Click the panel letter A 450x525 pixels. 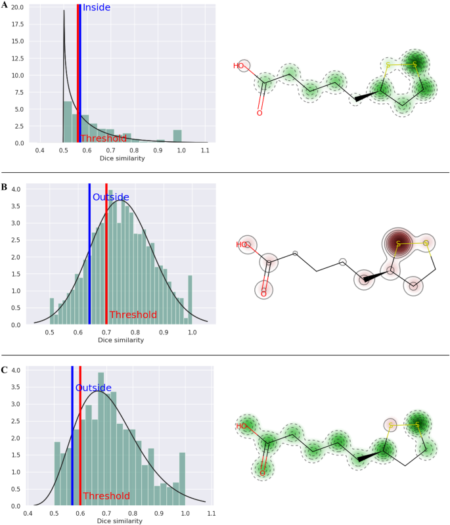coord(5,5)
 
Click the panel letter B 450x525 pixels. coord(5,187)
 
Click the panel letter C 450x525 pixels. coord(5,369)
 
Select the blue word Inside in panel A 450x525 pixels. coord(96,8)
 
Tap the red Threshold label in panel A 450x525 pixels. coord(103,139)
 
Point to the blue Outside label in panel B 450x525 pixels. coord(110,197)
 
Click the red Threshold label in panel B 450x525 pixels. coord(133,315)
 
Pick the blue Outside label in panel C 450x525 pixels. coord(93,388)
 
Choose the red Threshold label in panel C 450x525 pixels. coord(106,496)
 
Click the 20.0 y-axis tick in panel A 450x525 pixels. coord(16,7)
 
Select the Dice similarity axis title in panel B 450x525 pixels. coord(121,340)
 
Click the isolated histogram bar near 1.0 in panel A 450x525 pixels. coord(177,137)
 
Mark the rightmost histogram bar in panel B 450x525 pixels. coord(191,300)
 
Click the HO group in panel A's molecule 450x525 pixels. coord(239,66)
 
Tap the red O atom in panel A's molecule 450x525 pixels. coord(259,113)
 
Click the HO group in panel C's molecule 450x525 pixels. coord(241,426)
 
